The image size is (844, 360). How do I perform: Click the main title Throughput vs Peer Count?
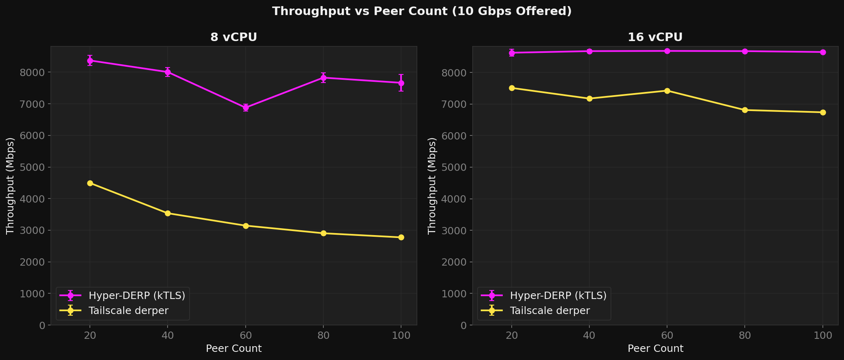(x=422, y=11)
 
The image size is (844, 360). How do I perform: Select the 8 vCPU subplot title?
(x=233, y=37)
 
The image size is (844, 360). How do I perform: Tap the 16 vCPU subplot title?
(x=655, y=37)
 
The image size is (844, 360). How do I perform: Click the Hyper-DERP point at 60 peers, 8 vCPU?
(x=246, y=108)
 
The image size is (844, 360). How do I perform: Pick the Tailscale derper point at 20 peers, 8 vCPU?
(x=90, y=183)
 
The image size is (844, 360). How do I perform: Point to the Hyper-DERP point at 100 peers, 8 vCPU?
(x=401, y=83)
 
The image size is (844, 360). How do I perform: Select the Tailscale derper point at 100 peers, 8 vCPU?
(x=401, y=237)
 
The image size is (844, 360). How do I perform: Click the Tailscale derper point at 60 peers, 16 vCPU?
(x=667, y=91)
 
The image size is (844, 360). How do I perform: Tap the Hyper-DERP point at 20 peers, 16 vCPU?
(x=512, y=52)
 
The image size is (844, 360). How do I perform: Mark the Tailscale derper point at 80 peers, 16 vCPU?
(x=745, y=110)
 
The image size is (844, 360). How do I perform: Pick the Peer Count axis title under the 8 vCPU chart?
(x=233, y=349)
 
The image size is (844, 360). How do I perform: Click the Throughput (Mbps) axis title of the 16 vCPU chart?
(x=432, y=185)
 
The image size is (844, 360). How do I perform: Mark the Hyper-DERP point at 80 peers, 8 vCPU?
(x=323, y=78)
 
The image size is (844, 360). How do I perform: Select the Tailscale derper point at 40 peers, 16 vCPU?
(x=589, y=98)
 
